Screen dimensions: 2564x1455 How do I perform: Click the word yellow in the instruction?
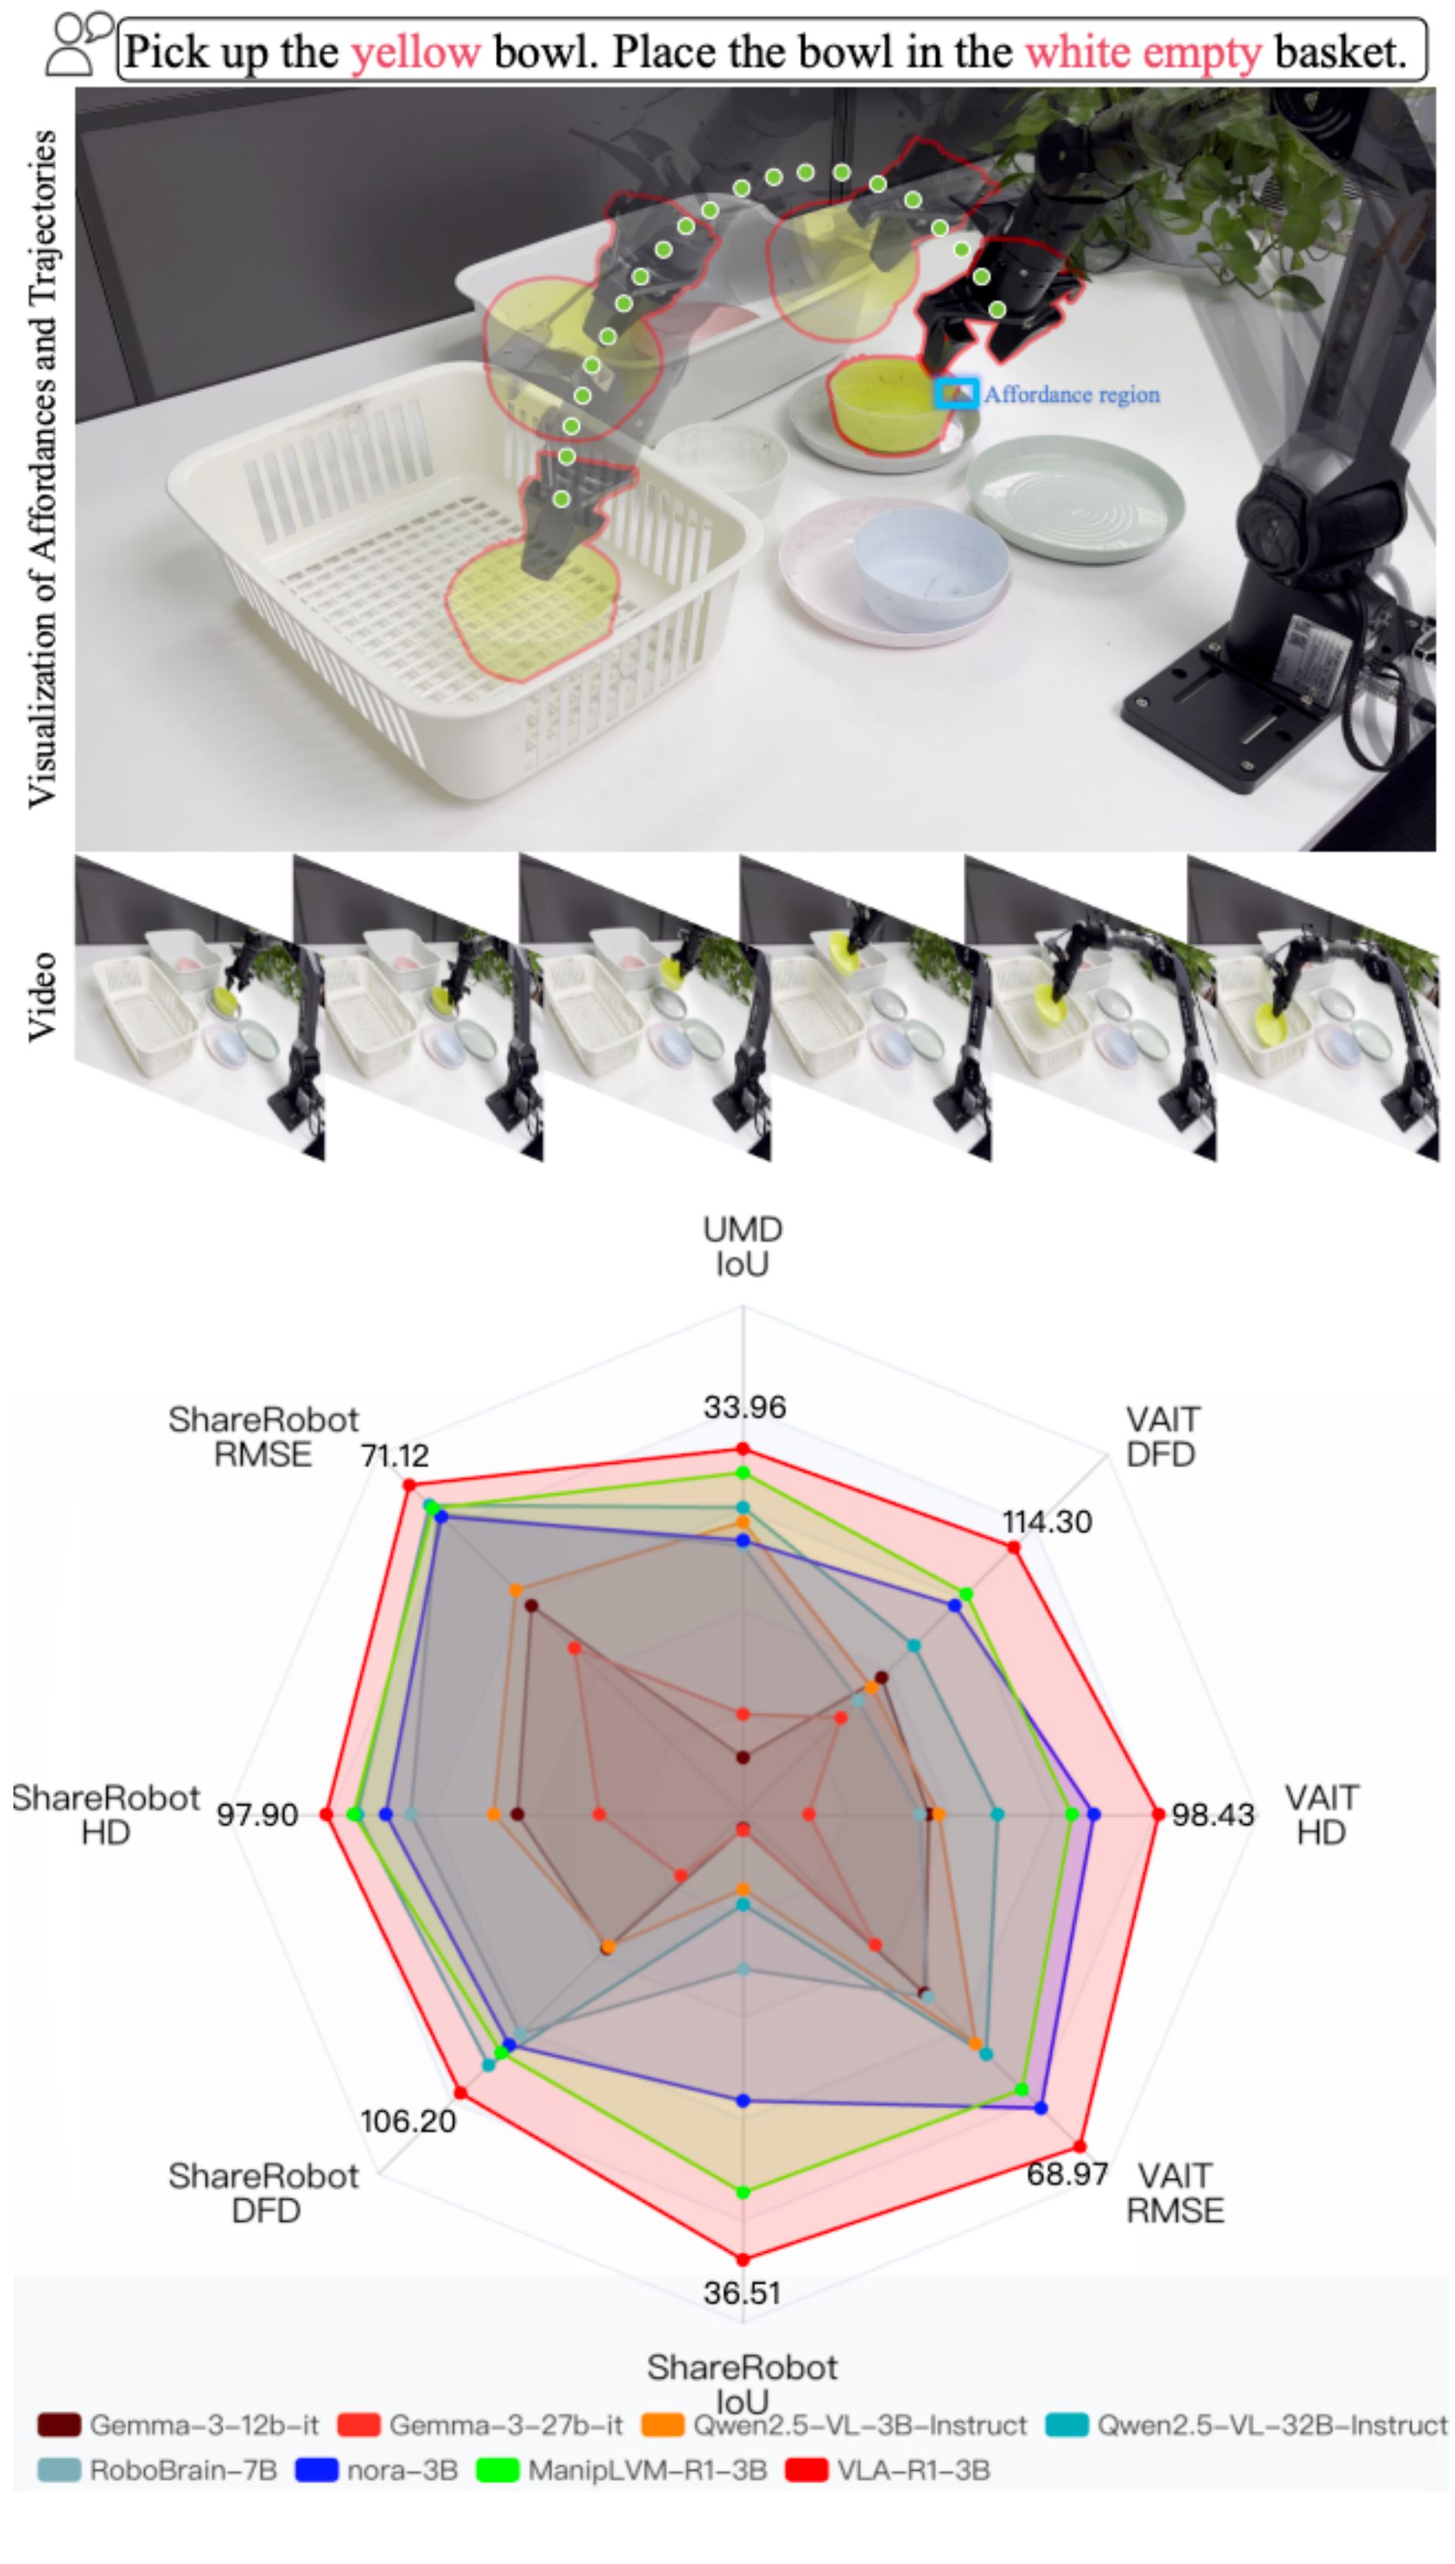pos(414,52)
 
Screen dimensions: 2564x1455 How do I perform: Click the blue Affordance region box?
pos(955,393)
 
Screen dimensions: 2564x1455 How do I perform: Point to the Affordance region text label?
pos(1071,394)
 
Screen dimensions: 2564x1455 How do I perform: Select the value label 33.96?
pos(744,1408)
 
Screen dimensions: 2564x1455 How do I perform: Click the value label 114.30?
pos(1047,1522)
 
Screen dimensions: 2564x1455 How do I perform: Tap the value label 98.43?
pos(1212,1815)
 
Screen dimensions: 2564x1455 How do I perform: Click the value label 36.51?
pos(743,2292)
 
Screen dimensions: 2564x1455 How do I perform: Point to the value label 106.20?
pos(408,2121)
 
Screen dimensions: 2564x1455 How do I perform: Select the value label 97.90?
pos(258,1815)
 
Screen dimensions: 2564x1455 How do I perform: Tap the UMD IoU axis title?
pos(743,1246)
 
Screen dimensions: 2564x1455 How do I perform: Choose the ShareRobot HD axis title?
pos(106,1815)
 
